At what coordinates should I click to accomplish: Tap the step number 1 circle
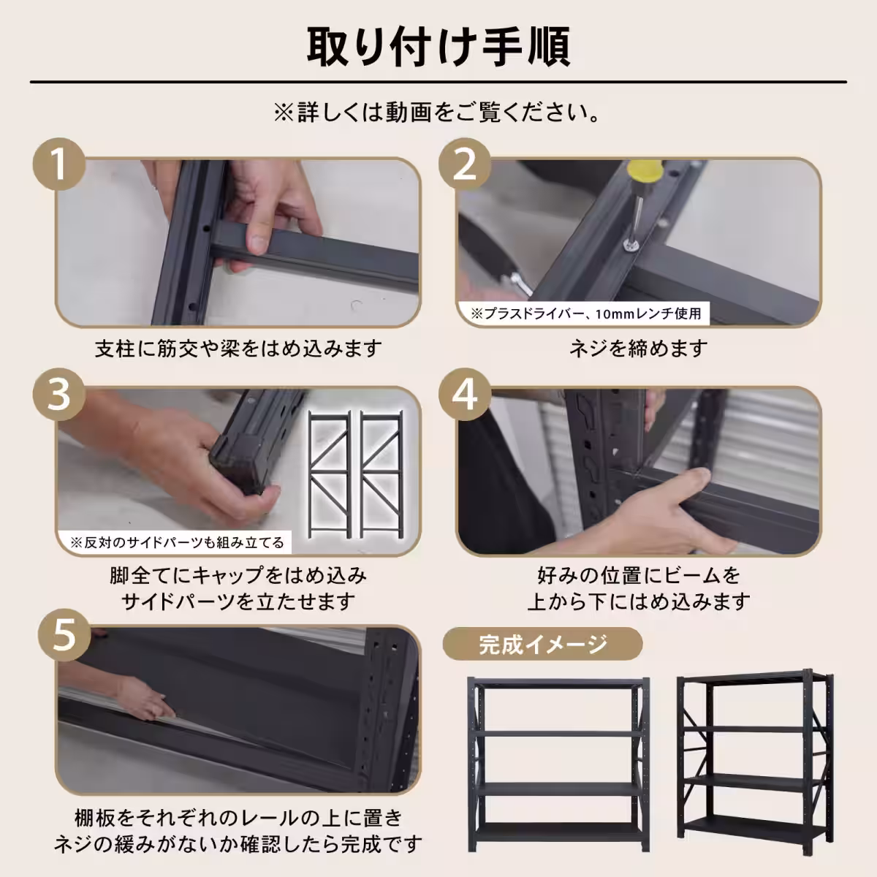(x=59, y=164)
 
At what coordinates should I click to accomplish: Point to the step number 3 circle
(x=59, y=394)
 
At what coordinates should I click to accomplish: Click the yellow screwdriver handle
(x=646, y=174)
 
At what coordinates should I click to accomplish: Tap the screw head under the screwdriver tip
(x=630, y=246)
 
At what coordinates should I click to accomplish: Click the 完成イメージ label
(x=542, y=645)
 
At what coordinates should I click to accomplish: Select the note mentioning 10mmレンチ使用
(x=585, y=314)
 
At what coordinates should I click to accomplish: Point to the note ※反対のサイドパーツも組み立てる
(x=176, y=542)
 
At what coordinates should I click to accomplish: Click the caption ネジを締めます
(x=639, y=349)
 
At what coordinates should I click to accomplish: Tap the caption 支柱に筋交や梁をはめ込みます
(x=238, y=349)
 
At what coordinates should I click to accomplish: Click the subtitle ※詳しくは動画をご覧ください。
(x=438, y=113)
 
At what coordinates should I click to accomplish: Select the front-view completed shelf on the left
(x=558, y=764)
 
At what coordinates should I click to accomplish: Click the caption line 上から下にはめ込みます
(x=639, y=601)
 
